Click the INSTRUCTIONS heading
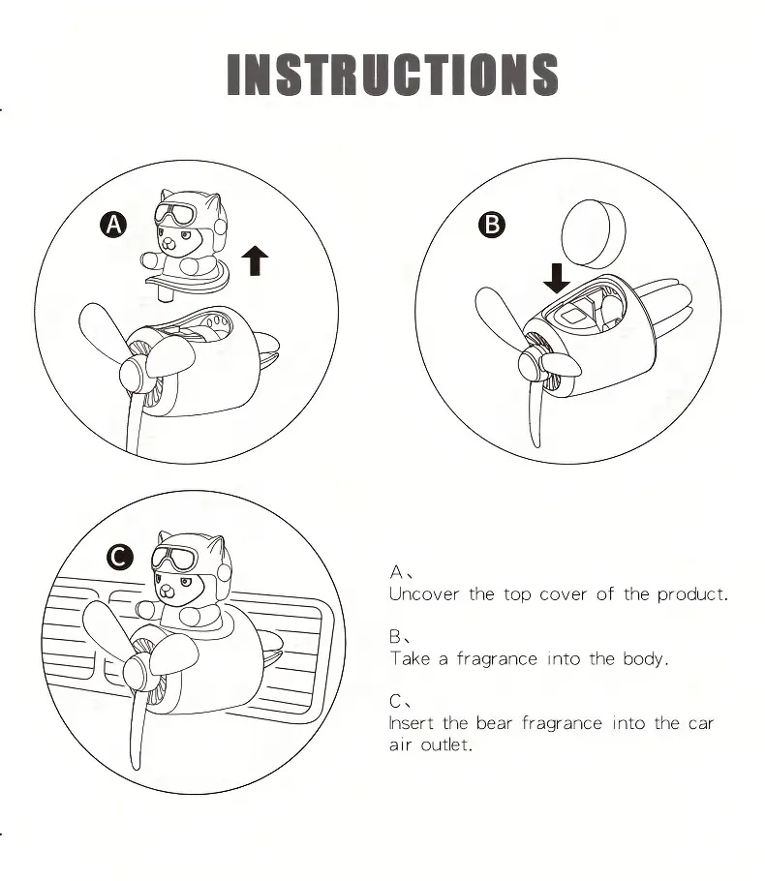[x=392, y=75]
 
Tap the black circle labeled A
[x=113, y=225]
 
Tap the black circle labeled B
[x=492, y=225]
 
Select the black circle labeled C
[x=120, y=558]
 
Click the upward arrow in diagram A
[x=255, y=260]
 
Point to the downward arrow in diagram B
[x=557, y=278]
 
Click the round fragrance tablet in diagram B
[x=593, y=232]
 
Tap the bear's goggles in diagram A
[x=175, y=214]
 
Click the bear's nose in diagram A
[x=168, y=243]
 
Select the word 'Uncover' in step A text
[x=424, y=593]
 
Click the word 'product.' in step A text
[x=692, y=594]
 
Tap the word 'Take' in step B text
[x=411, y=658]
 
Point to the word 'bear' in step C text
[x=494, y=722]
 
